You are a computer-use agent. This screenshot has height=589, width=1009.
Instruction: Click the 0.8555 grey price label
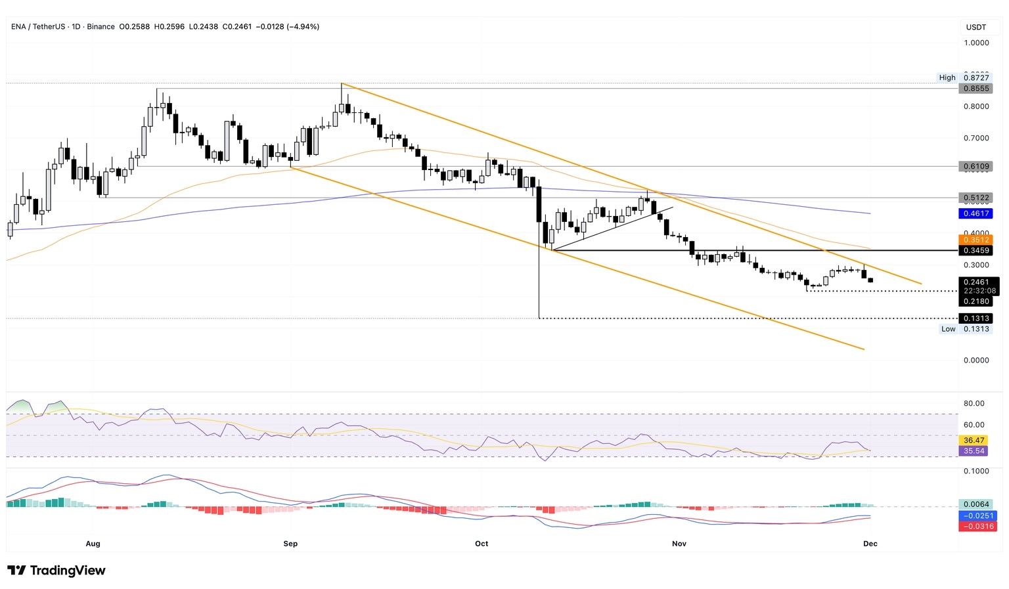975,89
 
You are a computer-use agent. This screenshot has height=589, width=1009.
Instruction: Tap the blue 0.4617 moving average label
975,213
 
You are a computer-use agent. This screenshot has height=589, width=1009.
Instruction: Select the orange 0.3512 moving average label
975,240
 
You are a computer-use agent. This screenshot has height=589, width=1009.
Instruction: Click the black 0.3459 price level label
975,251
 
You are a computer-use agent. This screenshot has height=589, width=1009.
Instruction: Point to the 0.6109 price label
975,167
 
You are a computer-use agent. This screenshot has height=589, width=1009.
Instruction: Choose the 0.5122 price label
975,198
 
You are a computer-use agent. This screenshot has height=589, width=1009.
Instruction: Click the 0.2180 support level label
975,301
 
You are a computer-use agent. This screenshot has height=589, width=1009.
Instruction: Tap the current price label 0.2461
975,282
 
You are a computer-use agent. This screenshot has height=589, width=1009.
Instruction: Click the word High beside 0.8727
947,77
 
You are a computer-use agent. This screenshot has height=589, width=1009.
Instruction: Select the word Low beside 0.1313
948,329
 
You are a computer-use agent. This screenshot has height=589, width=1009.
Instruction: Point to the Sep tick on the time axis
290,544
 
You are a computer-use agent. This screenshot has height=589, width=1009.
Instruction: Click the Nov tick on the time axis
679,544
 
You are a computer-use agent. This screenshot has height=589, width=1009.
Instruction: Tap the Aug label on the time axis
93,544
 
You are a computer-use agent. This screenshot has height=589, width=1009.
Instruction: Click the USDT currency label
976,27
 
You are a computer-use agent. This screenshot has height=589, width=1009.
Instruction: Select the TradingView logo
56,571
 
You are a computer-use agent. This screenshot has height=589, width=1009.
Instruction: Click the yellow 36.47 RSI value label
974,441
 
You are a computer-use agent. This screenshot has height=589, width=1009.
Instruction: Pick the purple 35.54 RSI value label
974,451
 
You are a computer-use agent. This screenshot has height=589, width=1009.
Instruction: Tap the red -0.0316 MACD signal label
977,527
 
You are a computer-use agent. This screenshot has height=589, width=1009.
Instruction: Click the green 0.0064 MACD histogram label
975,505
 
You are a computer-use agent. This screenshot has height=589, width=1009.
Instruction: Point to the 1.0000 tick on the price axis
976,43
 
